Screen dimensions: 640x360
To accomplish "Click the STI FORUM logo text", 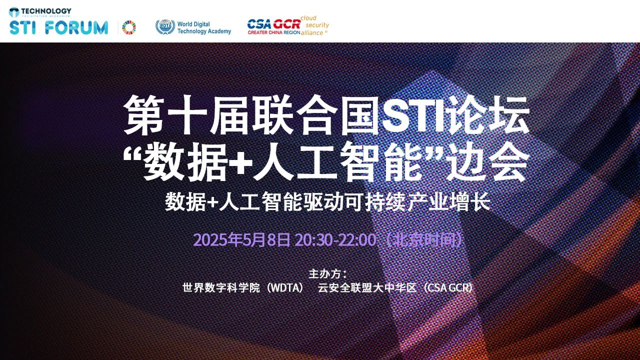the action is (58, 27).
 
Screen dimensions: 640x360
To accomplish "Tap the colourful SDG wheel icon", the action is (129, 27).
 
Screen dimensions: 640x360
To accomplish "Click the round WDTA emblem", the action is (165, 27).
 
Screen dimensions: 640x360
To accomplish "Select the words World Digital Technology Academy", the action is (204, 27).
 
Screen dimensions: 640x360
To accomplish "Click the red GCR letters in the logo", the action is (286, 24).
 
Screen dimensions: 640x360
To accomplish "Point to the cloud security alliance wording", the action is (314, 25).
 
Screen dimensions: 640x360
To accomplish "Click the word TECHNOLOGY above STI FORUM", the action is (46, 11).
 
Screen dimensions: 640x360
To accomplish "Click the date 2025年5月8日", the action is (241, 239).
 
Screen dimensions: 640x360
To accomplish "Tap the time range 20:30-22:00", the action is (335, 239).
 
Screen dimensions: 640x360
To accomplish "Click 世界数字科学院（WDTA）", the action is (243, 287).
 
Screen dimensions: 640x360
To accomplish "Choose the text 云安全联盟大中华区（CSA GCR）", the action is (395, 287).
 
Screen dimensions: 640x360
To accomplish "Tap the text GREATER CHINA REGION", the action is (273, 32).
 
